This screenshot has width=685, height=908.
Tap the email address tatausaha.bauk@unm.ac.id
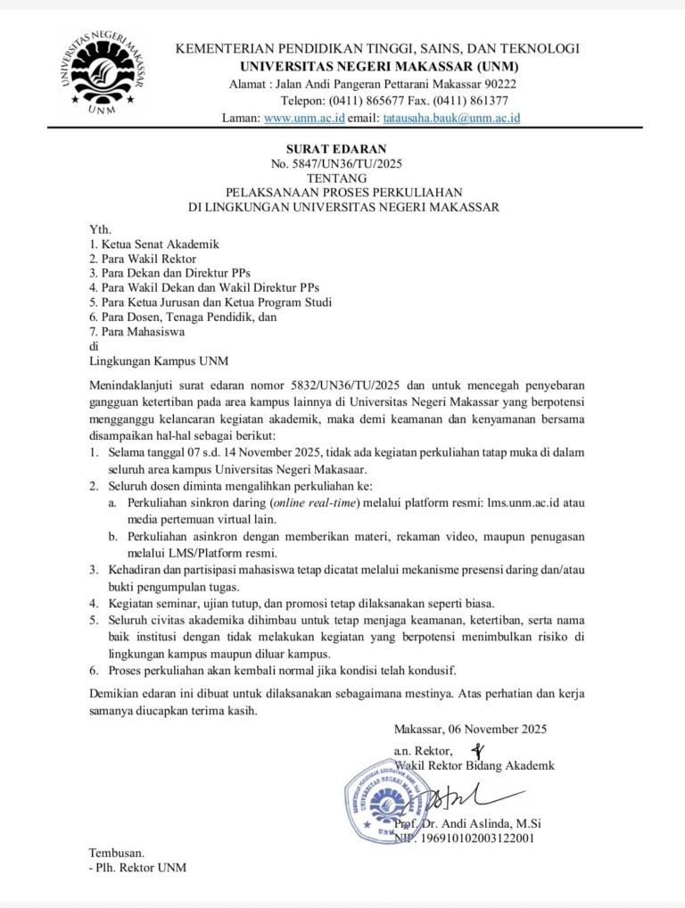click(x=451, y=118)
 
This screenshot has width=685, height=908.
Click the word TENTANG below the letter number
click(x=342, y=178)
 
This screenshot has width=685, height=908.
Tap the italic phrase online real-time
click(x=316, y=503)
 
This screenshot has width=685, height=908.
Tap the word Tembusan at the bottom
click(x=117, y=853)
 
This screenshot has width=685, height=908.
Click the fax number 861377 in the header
click(x=489, y=101)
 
